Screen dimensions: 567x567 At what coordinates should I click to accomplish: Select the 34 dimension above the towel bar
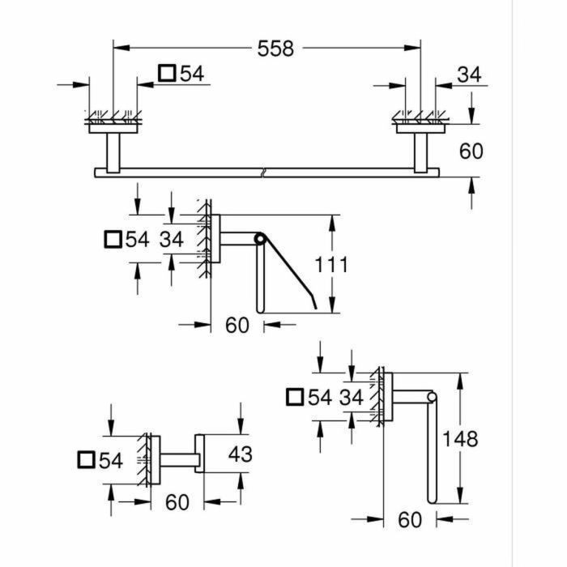(x=468, y=75)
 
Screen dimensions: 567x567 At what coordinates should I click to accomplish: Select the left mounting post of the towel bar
(x=112, y=149)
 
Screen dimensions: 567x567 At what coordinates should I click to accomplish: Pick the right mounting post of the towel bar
(x=421, y=149)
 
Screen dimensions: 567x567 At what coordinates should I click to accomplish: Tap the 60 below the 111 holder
(x=237, y=325)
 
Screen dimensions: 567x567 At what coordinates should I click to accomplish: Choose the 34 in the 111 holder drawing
(x=172, y=240)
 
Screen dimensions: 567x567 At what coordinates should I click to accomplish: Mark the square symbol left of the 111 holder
(x=114, y=240)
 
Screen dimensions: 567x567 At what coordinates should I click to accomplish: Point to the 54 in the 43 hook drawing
(x=109, y=460)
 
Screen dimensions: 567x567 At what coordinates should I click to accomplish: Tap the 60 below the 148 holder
(x=411, y=519)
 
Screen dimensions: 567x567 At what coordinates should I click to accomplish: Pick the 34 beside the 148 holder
(x=351, y=397)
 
